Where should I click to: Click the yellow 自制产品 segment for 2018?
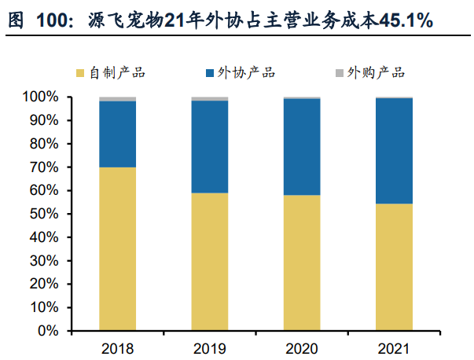[x=117, y=249]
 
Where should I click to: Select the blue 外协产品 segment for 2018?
[x=117, y=134]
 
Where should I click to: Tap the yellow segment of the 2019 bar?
[x=210, y=262]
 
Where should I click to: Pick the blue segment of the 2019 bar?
[x=210, y=147]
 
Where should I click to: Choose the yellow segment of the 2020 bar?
[x=302, y=263]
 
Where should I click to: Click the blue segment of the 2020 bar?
[x=302, y=147]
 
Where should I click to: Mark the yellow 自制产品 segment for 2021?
[x=394, y=267]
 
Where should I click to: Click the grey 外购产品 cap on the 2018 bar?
[x=117, y=99]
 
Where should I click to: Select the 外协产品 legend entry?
[x=241, y=72]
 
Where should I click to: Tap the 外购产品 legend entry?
[x=370, y=72]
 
